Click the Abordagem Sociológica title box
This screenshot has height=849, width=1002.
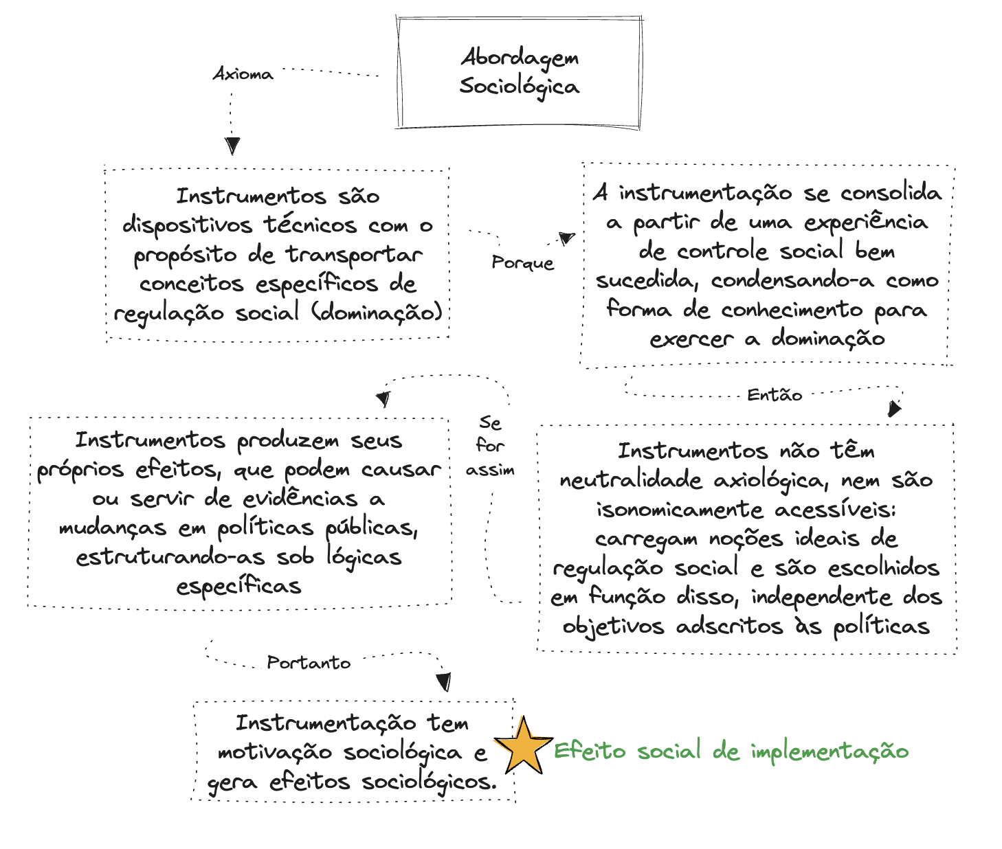(520, 72)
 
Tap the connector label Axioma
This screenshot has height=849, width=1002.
(243, 74)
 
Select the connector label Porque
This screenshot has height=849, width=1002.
(522, 263)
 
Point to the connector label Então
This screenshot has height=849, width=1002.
(775, 395)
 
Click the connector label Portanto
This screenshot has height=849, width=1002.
(309, 663)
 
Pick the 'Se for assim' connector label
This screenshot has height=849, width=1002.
(490, 446)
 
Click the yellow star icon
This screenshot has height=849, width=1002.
(523, 747)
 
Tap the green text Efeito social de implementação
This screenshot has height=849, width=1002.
(731, 751)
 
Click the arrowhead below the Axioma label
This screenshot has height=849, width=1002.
(232, 146)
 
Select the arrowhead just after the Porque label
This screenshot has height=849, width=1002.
(566, 238)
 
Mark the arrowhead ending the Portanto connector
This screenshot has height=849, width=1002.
(444, 681)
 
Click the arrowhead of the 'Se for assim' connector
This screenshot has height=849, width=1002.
(383, 399)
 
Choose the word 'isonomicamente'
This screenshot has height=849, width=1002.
(680, 510)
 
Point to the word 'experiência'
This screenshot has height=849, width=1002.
(866, 222)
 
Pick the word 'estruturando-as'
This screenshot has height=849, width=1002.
(170, 556)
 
